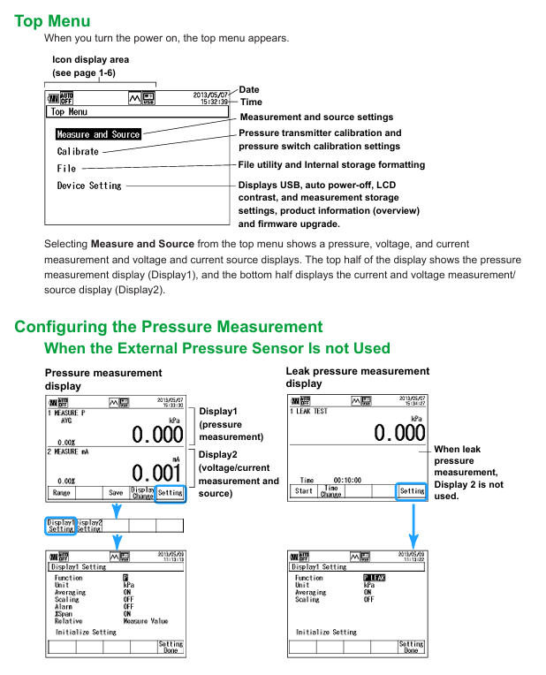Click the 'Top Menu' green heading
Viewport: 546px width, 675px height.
(x=52, y=20)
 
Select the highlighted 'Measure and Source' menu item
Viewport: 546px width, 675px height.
(x=98, y=134)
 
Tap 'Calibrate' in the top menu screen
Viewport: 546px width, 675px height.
(x=78, y=151)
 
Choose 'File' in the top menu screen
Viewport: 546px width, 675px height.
(x=66, y=168)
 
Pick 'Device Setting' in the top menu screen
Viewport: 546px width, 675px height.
(x=89, y=186)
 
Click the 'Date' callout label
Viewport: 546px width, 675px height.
(x=249, y=90)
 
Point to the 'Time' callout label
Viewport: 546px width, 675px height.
(x=251, y=102)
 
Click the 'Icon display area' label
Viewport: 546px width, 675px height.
(x=90, y=59)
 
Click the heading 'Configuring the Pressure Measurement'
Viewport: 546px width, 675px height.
(x=168, y=327)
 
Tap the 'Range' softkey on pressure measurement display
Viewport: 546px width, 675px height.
(x=62, y=493)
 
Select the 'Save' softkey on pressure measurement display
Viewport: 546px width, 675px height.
(x=116, y=493)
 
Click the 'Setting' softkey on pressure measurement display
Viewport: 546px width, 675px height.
(x=171, y=493)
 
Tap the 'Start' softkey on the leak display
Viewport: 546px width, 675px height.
(x=303, y=490)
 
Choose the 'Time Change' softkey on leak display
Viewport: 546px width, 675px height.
(x=330, y=490)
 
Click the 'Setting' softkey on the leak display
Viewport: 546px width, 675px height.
(x=412, y=490)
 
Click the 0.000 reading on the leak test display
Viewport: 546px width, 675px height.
(x=399, y=433)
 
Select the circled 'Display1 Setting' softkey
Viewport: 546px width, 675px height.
(x=60, y=525)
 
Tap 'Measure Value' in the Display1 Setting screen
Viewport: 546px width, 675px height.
(x=145, y=621)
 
